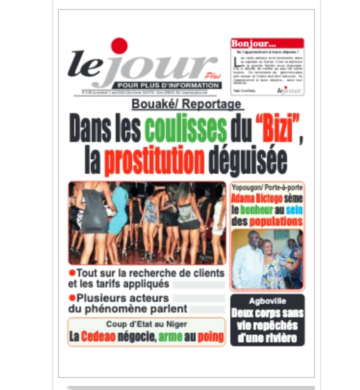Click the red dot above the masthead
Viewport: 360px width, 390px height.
tap(119, 46)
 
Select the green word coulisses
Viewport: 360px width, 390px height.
tap(185, 129)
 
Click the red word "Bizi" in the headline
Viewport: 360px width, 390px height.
tap(272, 129)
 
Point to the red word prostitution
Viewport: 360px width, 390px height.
tap(154, 161)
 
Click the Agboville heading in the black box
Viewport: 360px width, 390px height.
tap(267, 301)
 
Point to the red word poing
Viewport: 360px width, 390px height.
tap(210, 337)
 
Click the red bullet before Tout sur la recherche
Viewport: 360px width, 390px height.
tap(71, 273)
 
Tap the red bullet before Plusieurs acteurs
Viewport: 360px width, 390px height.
tap(71, 297)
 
